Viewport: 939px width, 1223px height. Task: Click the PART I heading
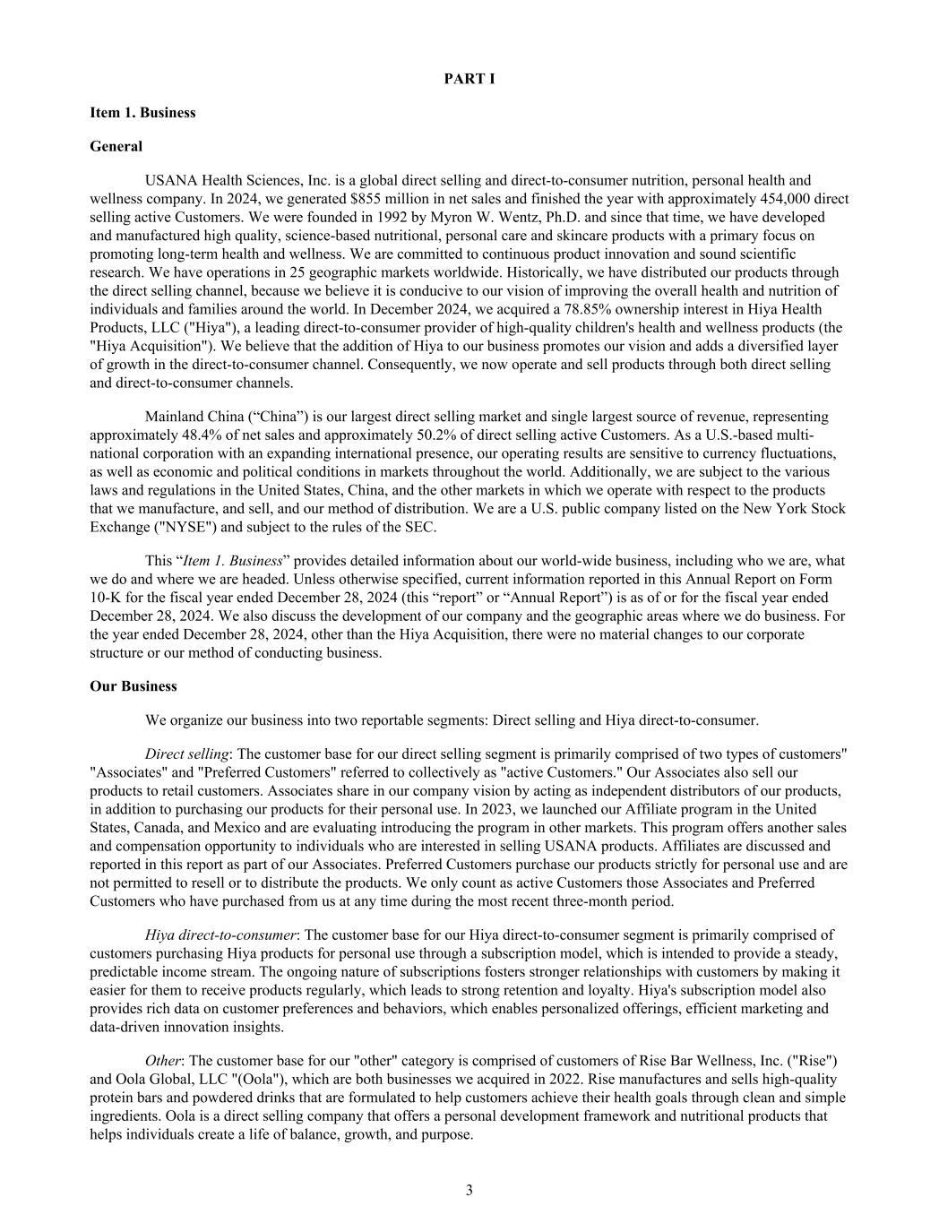[x=469, y=79]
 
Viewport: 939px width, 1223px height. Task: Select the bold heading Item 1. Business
[x=142, y=112]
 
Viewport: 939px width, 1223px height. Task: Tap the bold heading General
[x=116, y=146]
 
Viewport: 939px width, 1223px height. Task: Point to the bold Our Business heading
[x=134, y=686]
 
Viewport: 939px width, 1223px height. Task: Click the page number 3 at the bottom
[x=469, y=1190]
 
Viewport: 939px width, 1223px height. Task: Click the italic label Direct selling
[x=186, y=754]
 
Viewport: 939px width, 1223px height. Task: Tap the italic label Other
[x=162, y=1061]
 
